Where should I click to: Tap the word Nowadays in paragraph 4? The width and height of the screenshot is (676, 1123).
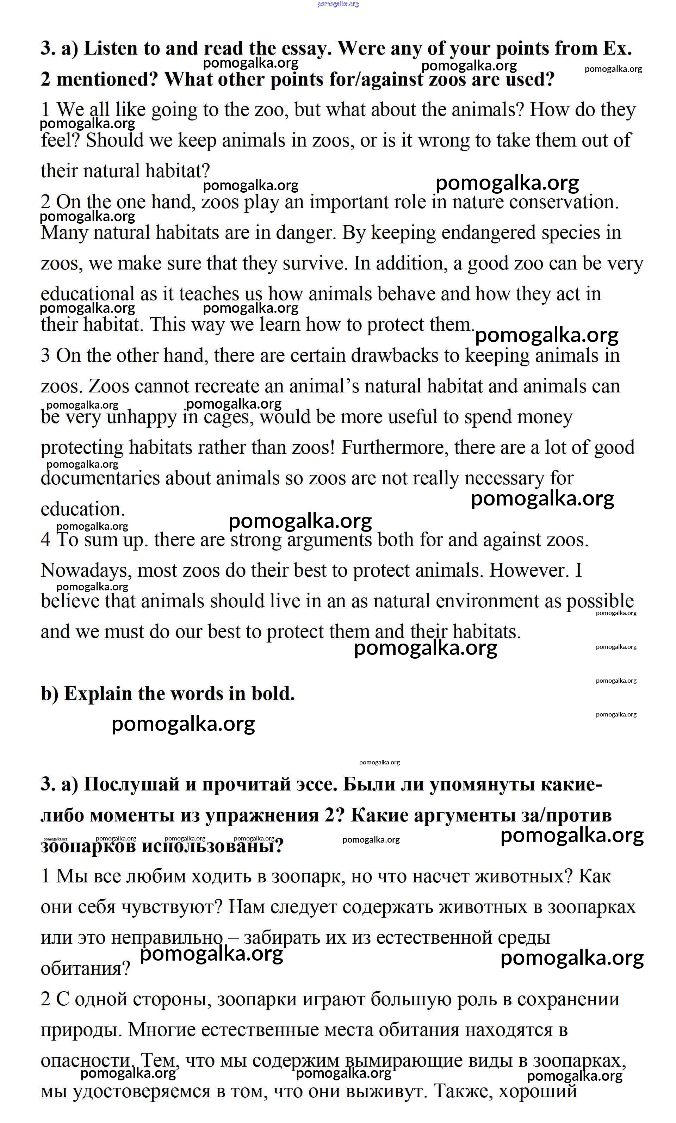coord(86,570)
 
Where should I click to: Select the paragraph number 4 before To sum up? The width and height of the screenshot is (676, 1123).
coord(45,540)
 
